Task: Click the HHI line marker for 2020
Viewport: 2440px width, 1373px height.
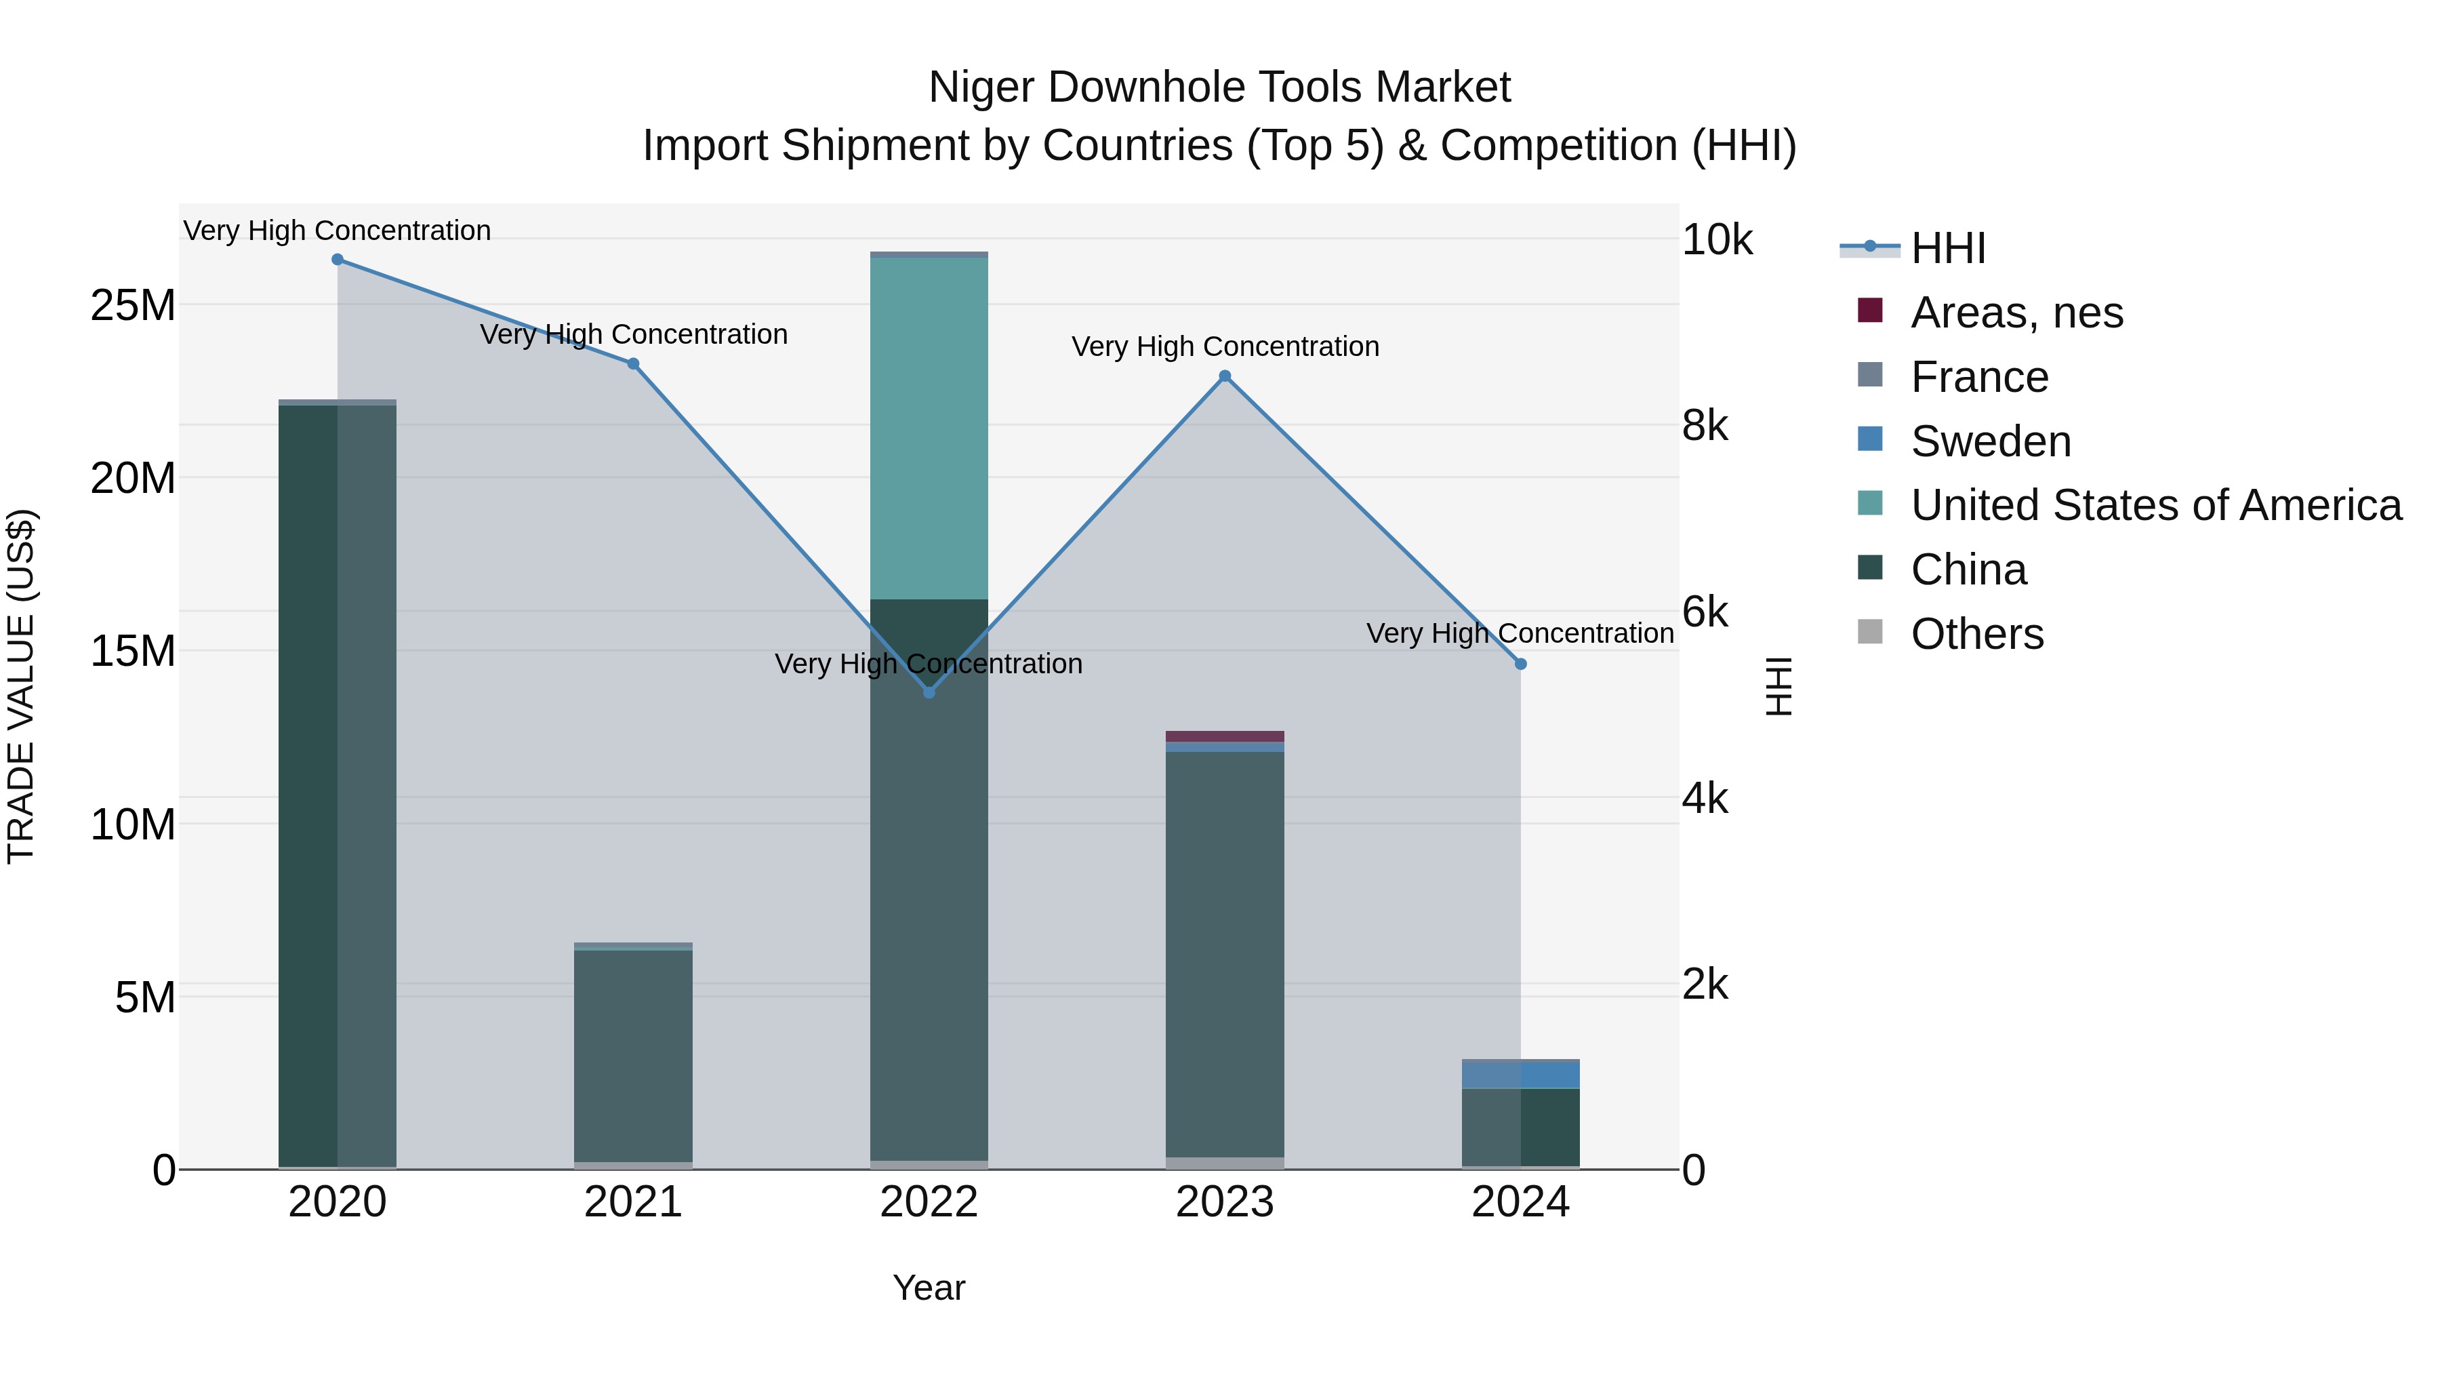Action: point(338,260)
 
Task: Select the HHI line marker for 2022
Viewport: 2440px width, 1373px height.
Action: point(929,693)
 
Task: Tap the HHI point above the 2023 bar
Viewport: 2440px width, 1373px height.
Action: point(1225,376)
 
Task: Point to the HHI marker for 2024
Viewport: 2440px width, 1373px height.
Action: point(1520,664)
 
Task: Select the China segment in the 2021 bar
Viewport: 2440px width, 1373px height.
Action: point(633,1056)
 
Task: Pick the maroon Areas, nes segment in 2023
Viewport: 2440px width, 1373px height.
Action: point(1225,736)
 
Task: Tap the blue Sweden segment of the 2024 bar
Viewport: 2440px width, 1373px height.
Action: point(1520,1075)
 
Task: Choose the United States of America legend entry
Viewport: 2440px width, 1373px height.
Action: point(2155,505)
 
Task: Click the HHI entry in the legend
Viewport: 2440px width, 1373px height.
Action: point(1947,248)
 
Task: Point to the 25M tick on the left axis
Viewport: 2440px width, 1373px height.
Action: point(133,305)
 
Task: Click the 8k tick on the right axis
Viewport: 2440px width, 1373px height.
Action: point(1705,426)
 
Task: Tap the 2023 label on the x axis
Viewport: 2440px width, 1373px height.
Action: point(1225,1202)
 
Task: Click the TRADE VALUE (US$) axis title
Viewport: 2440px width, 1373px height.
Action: point(21,686)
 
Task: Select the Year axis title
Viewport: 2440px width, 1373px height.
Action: point(929,1288)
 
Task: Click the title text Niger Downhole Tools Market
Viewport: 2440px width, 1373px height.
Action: point(1219,87)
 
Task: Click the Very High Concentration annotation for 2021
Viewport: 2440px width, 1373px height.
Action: point(633,334)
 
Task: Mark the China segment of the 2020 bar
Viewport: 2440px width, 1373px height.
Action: point(338,786)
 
